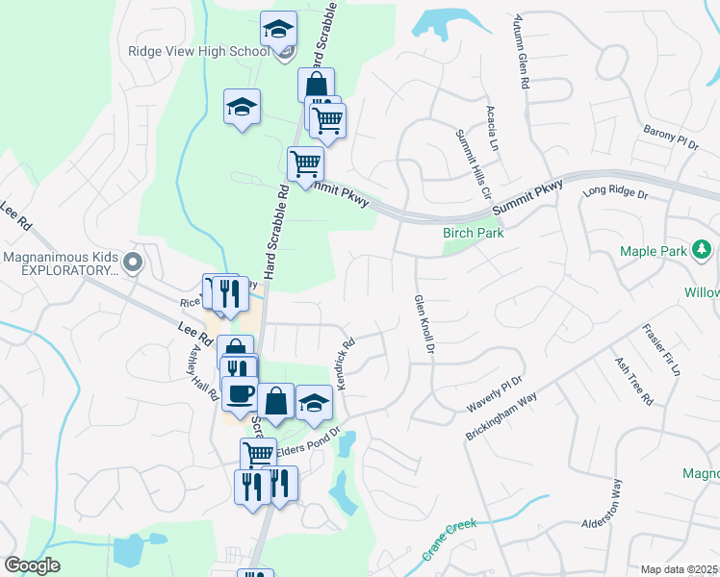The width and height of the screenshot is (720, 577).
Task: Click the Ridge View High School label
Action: (x=198, y=51)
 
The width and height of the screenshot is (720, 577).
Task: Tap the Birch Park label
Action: (x=473, y=233)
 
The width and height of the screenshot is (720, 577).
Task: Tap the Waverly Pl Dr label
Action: (x=495, y=394)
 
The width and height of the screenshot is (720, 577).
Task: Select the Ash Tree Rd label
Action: (x=634, y=381)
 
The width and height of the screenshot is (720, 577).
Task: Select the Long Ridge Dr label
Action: (x=617, y=192)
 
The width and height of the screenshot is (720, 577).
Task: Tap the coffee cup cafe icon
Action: (x=240, y=392)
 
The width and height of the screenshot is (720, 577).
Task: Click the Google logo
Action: (x=32, y=565)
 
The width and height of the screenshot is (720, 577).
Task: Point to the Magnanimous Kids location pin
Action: (x=134, y=261)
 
